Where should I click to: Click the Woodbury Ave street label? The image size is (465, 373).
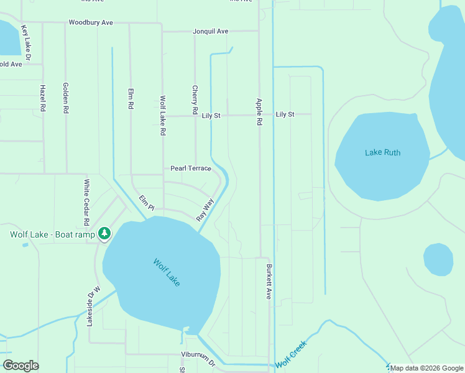pyautogui.click(x=91, y=22)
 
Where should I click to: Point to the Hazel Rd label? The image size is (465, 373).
pyautogui.click(x=43, y=98)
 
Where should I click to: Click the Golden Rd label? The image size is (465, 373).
pyautogui.click(x=65, y=98)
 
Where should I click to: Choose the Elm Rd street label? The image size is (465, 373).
pyautogui.click(x=131, y=98)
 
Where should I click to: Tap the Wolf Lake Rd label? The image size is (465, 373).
pyautogui.click(x=163, y=116)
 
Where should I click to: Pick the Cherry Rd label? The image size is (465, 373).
pyautogui.click(x=195, y=100)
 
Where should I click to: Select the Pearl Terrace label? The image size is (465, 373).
pyautogui.click(x=191, y=168)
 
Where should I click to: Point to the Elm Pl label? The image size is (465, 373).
pyautogui.click(x=146, y=203)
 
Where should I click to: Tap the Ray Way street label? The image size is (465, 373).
pyautogui.click(x=205, y=210)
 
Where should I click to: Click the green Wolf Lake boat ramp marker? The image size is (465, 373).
pyautogui.click(x=105, y=234)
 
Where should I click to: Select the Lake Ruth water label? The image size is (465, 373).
pyautogui.click(x=382, y=152)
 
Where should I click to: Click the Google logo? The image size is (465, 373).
pyautogui.click(x=21, y=366)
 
